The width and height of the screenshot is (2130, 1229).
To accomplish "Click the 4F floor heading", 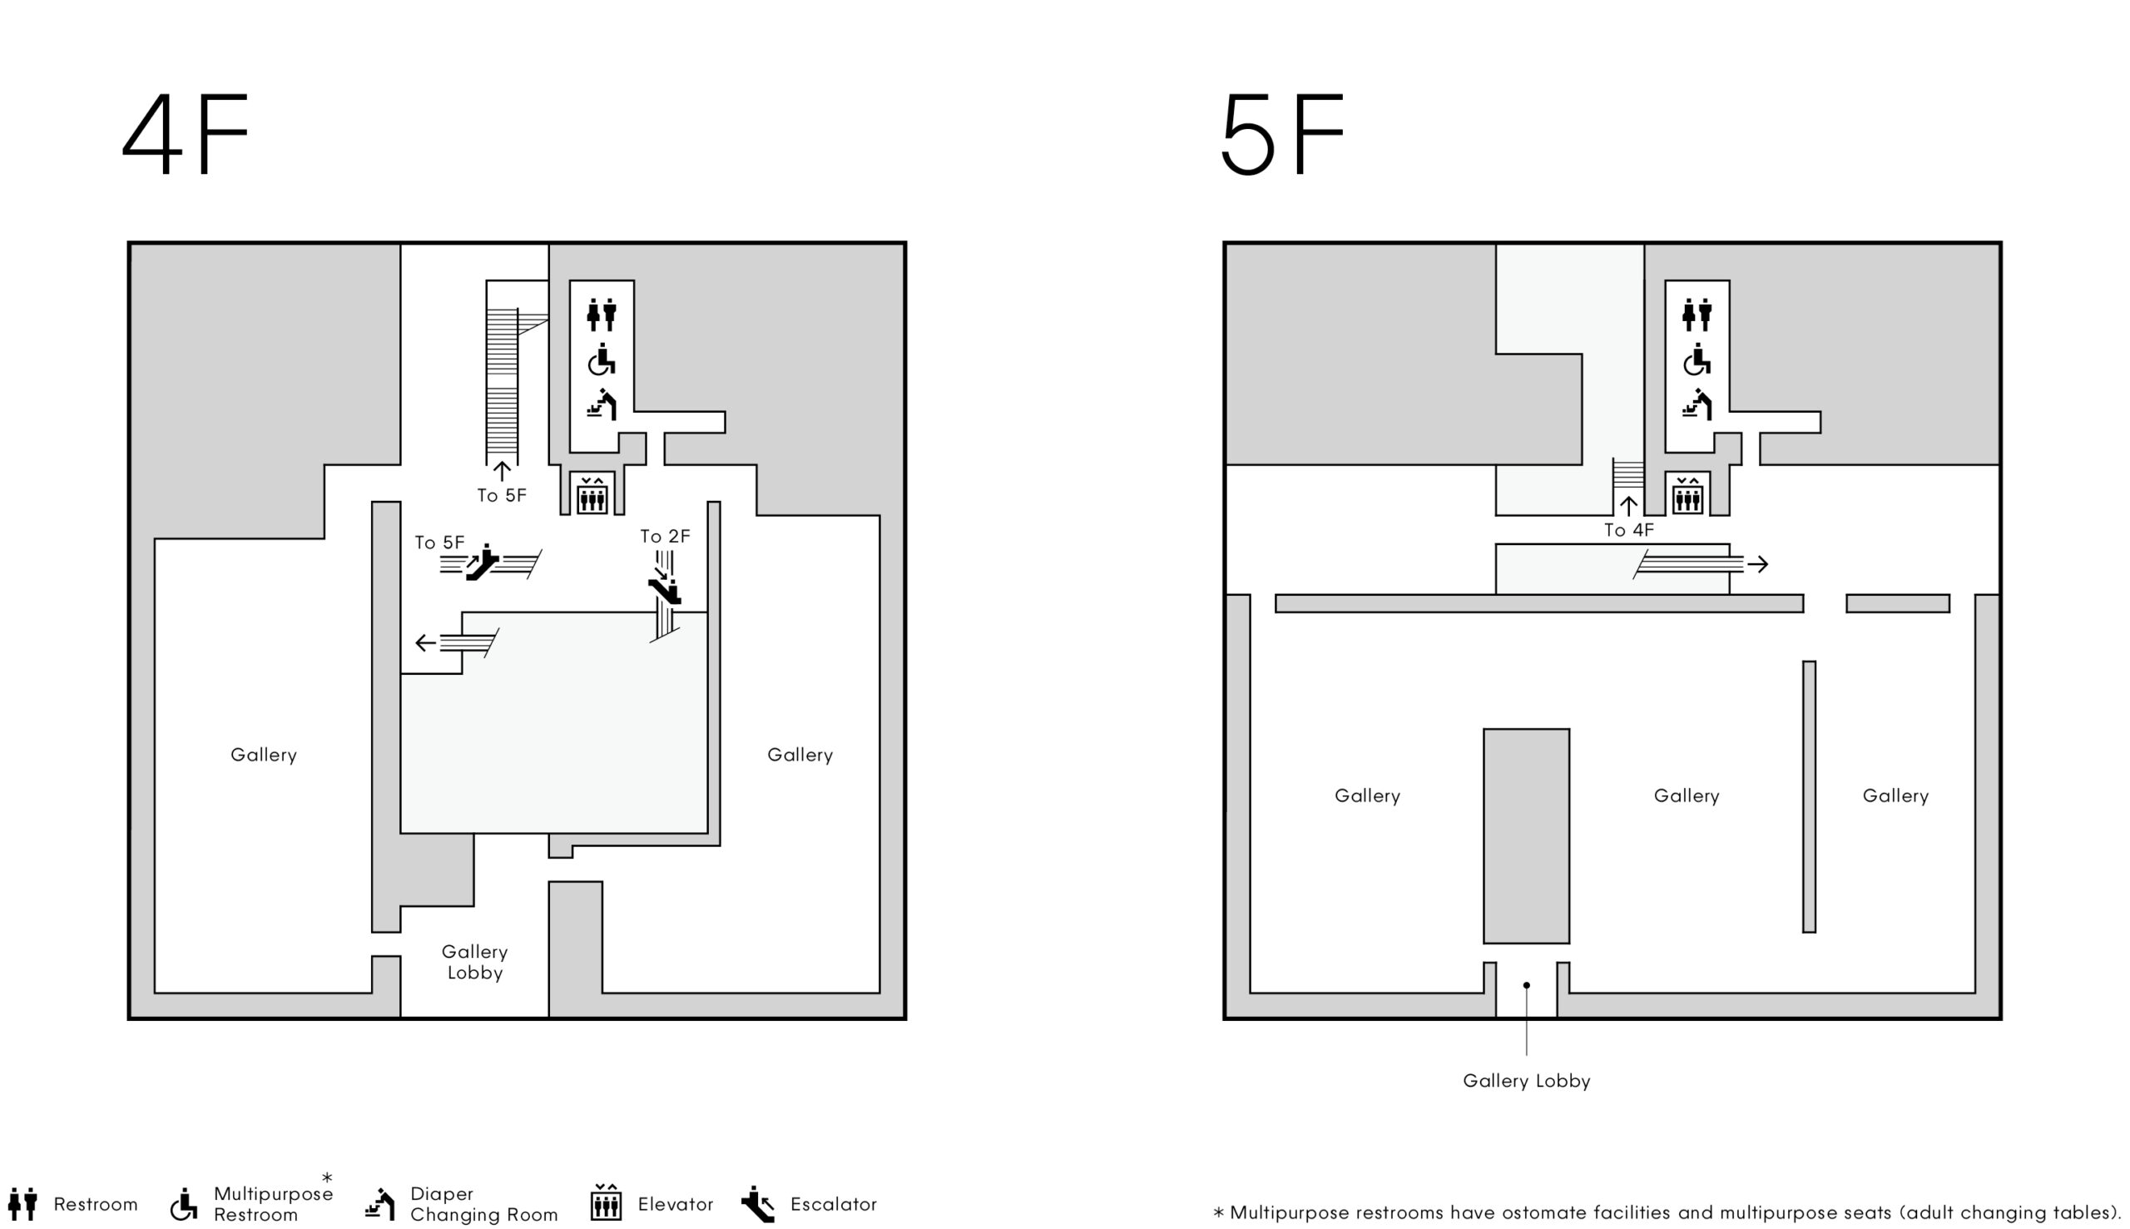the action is click(186, 133).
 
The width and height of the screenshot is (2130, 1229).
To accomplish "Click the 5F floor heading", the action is click(1282, 133).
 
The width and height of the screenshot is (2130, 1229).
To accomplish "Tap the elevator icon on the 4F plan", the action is click(592, 493).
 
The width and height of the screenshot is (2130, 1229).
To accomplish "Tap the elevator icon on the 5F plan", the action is click(1688, 493).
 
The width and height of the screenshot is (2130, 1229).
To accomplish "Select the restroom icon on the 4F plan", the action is click(602, 314).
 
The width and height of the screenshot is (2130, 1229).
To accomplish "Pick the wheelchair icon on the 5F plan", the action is click(1697, 359).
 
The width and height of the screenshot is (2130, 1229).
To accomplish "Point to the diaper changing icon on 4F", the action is click(602, 404).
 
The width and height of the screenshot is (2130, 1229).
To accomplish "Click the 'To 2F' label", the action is click(665, 536).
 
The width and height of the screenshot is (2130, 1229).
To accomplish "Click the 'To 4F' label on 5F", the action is click(1629, 530).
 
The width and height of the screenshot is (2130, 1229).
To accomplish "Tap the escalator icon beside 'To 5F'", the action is click(483, 563).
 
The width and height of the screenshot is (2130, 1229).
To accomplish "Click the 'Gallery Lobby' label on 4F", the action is click(475, 962).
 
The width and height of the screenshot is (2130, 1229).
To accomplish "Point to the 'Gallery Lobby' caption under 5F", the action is click(1527, 1081).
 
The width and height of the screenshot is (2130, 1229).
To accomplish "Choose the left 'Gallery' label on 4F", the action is click(264, 756).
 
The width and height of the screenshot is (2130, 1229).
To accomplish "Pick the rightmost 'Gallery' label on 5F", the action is click(1896, 796).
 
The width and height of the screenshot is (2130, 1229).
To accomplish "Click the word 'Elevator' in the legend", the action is click(676, 1205).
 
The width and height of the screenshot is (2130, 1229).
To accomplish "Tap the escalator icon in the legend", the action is click(758, 1205).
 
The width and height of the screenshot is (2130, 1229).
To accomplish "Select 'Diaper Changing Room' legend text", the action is click(484, 1205).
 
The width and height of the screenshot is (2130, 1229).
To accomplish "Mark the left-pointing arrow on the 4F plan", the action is click(426, 643).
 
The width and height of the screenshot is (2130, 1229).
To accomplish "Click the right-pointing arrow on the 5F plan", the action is click(1758, 564).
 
